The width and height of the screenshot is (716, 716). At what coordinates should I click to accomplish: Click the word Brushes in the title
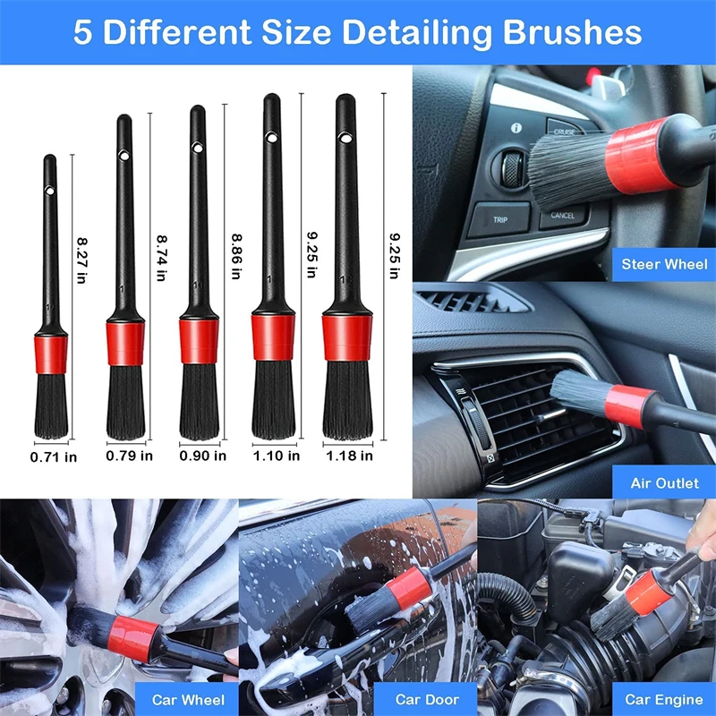tap(572, 31)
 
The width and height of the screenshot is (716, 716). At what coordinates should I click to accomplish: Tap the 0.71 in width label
tap(54, 457)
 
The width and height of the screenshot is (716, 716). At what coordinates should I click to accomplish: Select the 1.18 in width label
tap(349, 456)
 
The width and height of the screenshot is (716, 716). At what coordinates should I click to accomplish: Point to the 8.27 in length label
tap(81, 260)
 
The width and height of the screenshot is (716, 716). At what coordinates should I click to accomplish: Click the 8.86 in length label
tap(236, 256)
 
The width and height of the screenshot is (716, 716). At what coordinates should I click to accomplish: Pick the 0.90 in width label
tap(203, 456)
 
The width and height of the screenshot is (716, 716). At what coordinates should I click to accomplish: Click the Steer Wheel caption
tap(664, 264)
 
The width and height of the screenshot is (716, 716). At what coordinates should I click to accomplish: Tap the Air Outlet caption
tap(664, 483)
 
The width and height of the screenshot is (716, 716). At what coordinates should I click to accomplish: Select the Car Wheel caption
tap(188, 700)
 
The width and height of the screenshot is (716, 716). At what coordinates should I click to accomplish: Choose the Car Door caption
tap(427, 700)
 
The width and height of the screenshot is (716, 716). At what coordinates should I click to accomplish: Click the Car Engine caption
tap(664, 700)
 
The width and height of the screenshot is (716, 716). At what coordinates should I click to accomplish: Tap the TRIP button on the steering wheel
tap(499, 219)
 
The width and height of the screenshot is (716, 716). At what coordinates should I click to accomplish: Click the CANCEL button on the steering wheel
tap(563, 216)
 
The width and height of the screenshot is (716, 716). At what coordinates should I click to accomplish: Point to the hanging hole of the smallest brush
tap(50, 191)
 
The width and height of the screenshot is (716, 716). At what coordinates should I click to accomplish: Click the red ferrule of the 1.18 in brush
tap(347, 337)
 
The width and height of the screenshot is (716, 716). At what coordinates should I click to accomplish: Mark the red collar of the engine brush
tap(648, 592)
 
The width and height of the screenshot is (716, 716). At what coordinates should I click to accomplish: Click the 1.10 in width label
tap(277, 456)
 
